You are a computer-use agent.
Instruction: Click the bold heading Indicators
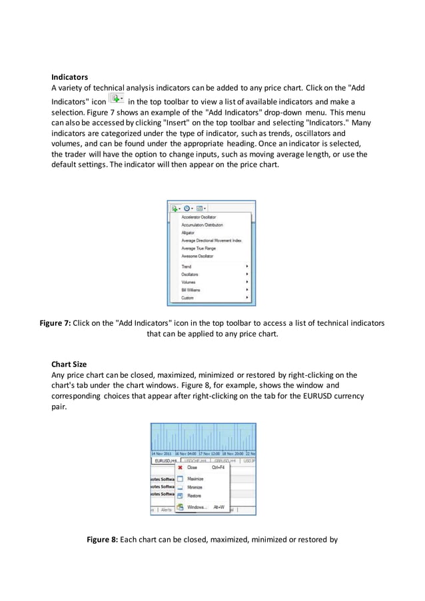tap(70, 77)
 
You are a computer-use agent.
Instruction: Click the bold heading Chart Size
tap(69, 364)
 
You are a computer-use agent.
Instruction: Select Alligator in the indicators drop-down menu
tap(189, 233)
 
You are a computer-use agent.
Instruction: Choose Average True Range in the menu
tap(198, 249)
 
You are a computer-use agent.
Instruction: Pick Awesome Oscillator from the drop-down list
tap(197, 257)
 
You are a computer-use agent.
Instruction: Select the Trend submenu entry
tap(187, 267)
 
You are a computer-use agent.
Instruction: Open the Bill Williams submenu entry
tap(191, 290)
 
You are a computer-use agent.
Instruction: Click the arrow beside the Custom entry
tap(247, 298)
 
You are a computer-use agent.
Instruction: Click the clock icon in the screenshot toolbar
tap(189, 208)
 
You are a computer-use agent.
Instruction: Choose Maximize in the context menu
tap(195, 479)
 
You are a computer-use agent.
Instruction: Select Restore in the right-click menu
tap(194, 496)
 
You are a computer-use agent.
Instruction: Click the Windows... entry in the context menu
tap(197, 507)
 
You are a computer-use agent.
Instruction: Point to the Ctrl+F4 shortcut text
tap(218, 468)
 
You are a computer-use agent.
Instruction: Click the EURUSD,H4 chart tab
tap(164, 460)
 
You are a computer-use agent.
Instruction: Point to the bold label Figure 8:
tap(103, 540)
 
